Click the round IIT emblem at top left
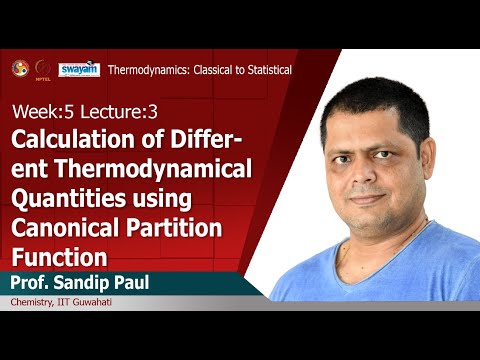pos(18,68)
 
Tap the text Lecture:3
pos(98,109)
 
